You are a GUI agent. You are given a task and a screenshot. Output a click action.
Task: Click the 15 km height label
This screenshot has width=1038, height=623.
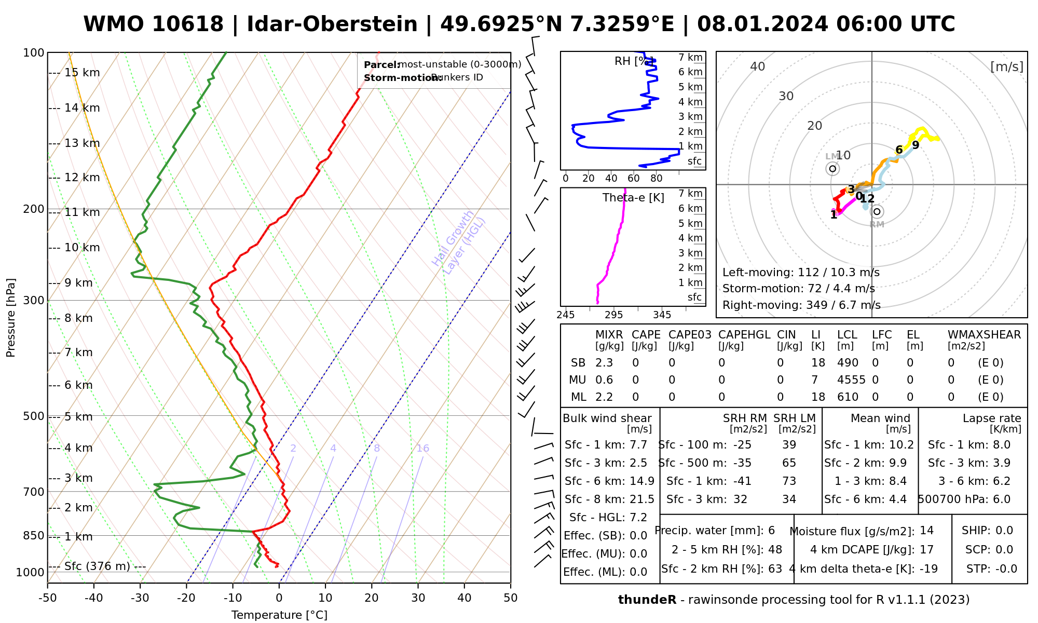pos(82,73)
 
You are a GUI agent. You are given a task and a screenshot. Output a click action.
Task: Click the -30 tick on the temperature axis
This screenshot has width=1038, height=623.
pos(140,598)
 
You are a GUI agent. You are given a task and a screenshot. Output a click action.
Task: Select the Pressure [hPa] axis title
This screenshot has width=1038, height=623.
pos(11,318)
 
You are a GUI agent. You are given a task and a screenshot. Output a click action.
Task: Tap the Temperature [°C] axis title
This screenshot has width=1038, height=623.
pos(279,615)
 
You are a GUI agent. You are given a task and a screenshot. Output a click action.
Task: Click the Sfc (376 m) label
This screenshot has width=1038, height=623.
pos(97,566)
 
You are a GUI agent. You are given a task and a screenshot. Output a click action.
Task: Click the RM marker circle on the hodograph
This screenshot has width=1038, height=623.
pos(877,211)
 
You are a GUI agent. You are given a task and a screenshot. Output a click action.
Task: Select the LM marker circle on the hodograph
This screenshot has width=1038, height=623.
pos(833,169)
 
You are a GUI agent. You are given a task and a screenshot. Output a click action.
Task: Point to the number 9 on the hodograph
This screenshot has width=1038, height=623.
pos(916,145)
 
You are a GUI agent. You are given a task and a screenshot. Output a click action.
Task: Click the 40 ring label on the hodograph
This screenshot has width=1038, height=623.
pos(758,66)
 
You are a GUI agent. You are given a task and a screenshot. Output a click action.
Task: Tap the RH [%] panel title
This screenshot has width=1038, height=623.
pos(634,61)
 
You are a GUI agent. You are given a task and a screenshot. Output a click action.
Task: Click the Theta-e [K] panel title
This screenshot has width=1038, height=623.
pos(633,198)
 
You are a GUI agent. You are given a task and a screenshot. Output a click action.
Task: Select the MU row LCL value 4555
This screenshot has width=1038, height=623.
pos(851,380)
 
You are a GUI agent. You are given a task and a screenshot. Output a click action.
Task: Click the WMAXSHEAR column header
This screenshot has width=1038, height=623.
pos(984,335)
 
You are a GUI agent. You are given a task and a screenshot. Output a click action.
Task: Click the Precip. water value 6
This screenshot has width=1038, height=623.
pos(771,531)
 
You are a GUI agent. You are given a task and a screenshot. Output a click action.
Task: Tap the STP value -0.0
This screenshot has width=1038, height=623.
pos(1006,569)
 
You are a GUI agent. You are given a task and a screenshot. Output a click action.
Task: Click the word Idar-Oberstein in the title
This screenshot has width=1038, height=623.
pos(332,24)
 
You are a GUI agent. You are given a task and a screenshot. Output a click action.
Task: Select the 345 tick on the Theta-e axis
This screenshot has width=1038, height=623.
pos(662,315)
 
